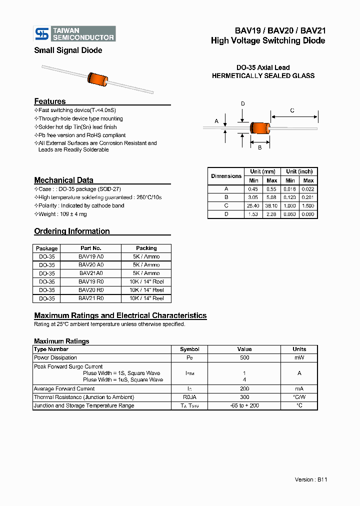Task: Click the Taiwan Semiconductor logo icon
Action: tap(42, 33)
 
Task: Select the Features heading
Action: tap(50, 101)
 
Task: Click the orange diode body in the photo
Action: tap(98, 78)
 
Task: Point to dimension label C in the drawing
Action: tap(292, 110)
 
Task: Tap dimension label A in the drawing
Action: tap(216, 121)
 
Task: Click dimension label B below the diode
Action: tap(259, 147)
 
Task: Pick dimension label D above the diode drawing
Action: tap(243, 104)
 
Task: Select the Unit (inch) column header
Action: tap(299, 171)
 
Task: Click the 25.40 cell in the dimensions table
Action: tap(253, 205)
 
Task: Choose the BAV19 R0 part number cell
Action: tap(91, 282)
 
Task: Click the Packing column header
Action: tap(146, 248)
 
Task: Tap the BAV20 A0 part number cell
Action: tap(91, 265)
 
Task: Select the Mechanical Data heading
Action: tap(63, 180)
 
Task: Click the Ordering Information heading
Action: tap(72, 231)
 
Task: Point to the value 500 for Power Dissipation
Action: tap(244, 357)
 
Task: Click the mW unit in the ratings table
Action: tap(299, 357)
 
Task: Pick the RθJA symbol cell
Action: tap(189, 397)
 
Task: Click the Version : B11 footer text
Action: tap(311, 479)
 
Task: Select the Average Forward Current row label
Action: tap(64, 388)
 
